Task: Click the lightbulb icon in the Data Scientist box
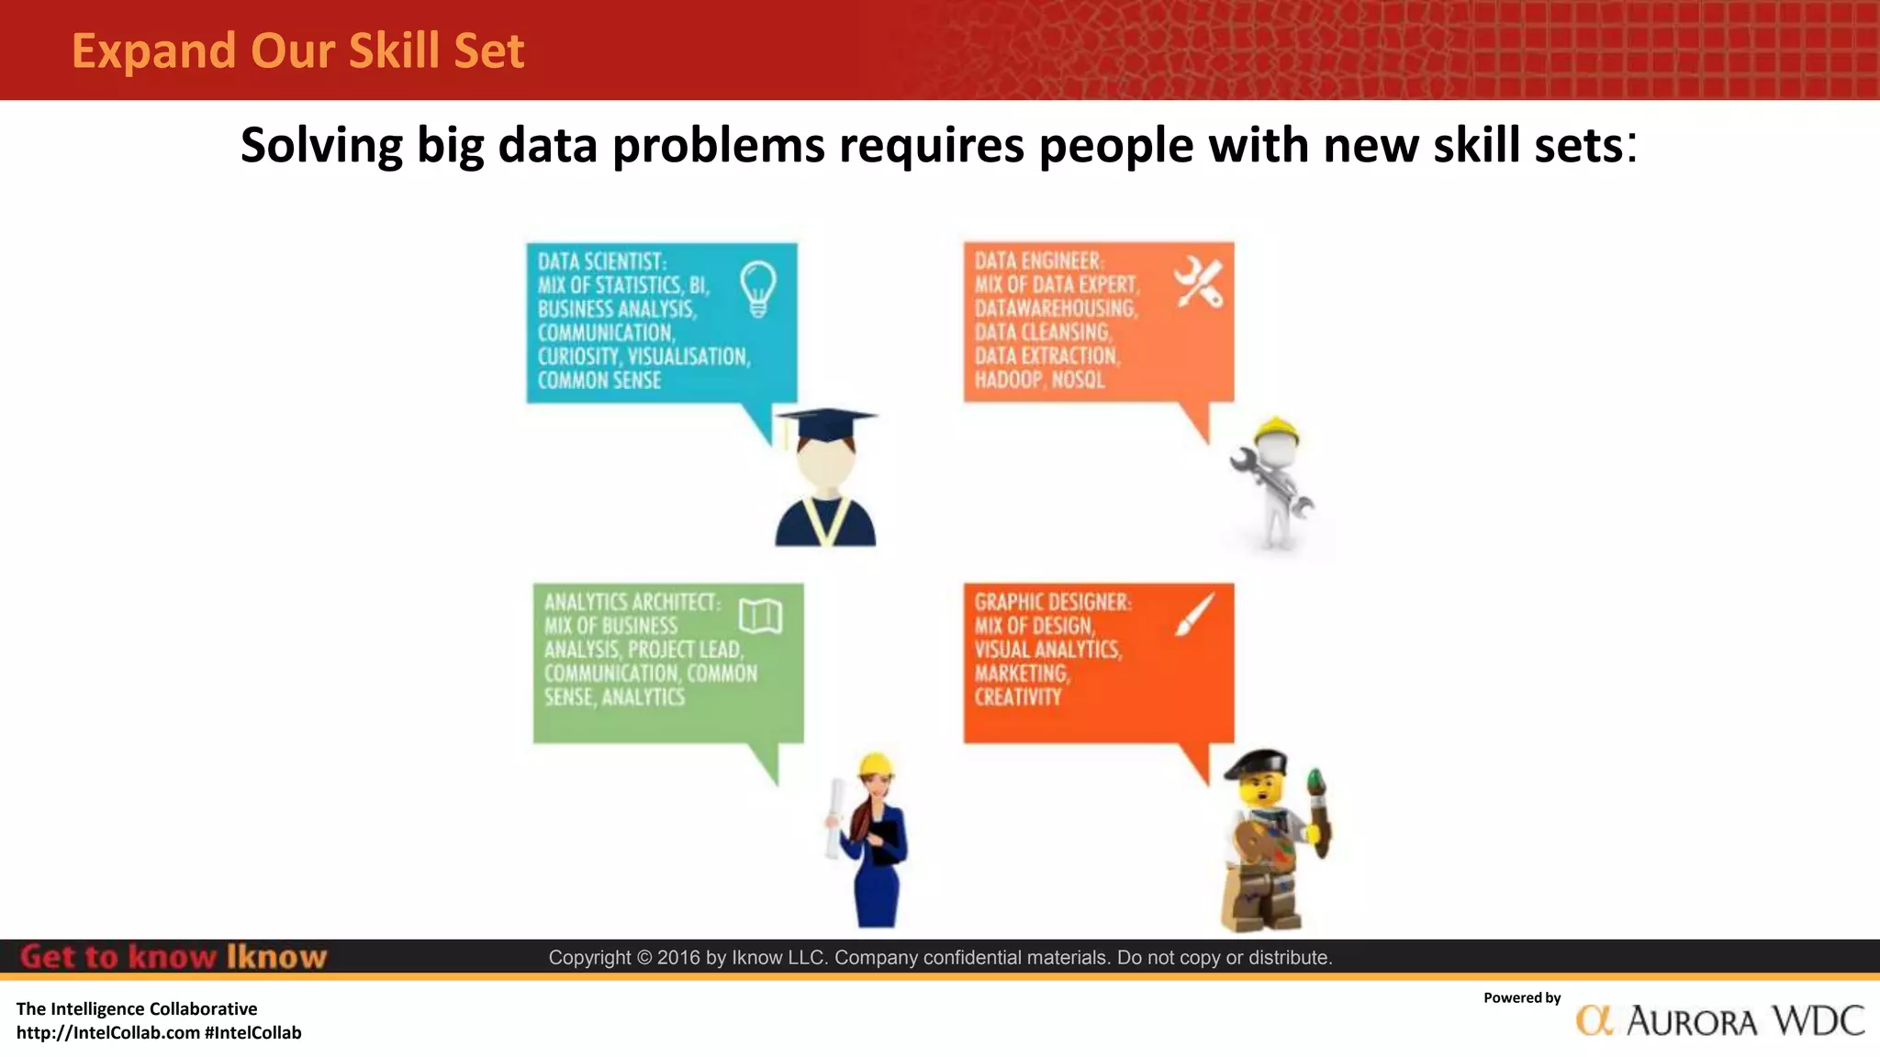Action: click(x=758, y=287)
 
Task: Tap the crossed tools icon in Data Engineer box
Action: click(x=1198, y=282)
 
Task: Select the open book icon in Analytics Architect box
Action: click(x=760, y=617)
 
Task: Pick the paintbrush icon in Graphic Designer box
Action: click(x=1194, y=614)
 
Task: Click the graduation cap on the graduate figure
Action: click(x=826, y=423)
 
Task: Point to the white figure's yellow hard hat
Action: click(x=1276, y=430)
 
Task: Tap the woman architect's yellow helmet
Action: click(x=876, y=764)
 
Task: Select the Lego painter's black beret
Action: click(x=1257, y=762)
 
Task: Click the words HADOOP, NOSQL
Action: click(x=1039, y=380)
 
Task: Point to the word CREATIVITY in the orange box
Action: click(x=1017, y=697)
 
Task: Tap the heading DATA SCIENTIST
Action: click(x=601, y=261)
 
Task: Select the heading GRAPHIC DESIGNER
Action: click(x=1052, y=603)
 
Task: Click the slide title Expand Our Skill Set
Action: click(x=297, y=50)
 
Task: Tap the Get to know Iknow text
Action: click(x=173, y=957)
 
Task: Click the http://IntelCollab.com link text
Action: click(x=108, y=1033)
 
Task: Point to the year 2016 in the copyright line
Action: click(x=678, y=958)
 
